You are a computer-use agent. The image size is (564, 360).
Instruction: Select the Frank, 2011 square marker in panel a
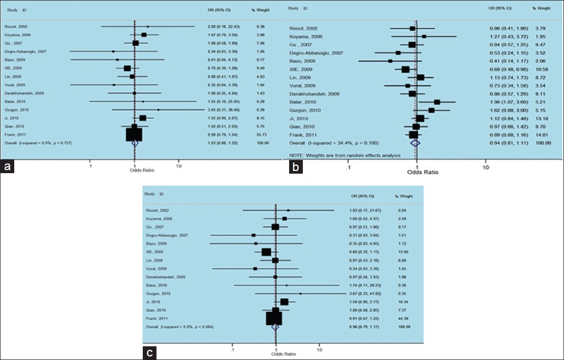point(134,134)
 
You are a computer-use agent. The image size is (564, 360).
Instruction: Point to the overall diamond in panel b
point(415,143)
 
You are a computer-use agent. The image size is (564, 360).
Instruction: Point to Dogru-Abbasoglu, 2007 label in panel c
point(167,235)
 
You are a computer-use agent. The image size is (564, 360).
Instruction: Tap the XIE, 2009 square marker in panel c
point(266,252)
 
